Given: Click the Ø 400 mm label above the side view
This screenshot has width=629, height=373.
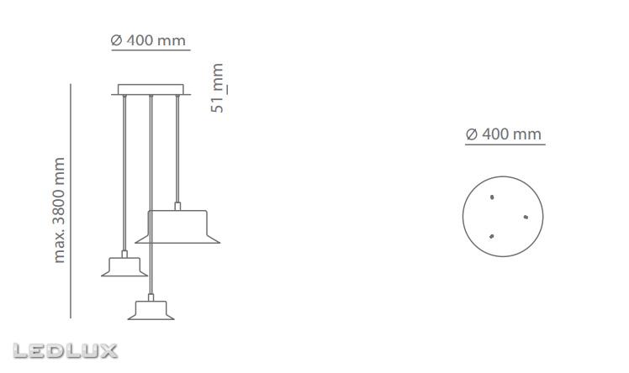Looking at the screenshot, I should pos(149,39).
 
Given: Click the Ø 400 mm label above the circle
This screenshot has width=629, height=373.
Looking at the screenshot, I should pos(504,134).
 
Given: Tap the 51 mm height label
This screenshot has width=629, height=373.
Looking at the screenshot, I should pos(218,88).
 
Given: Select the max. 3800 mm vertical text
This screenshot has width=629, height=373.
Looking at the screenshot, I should pos(59,210).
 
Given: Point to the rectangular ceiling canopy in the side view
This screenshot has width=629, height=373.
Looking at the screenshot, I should pos(151,89).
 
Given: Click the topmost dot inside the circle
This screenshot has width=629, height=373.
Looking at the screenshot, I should pos(492,198).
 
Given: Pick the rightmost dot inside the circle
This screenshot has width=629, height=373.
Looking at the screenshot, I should pos(525,217).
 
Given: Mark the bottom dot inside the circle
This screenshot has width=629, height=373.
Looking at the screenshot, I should pos(492,236).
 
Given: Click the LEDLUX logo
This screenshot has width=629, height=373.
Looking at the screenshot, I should pos(66,351).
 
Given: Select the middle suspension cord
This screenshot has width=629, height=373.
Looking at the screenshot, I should pos(150,193).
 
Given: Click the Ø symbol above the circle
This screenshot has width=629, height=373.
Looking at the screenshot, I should pos(471,134).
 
